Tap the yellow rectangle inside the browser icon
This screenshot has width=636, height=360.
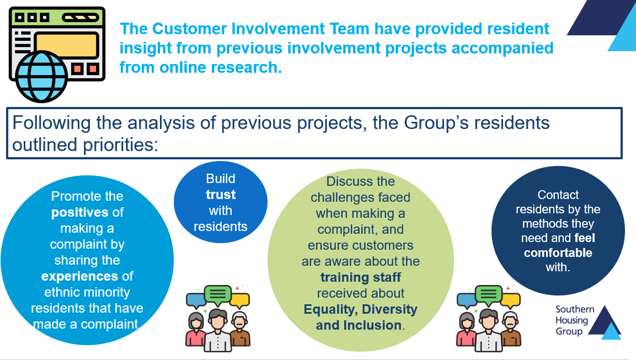coord(67,45)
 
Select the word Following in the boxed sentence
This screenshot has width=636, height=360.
coord(51,123)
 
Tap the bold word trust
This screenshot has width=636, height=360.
coord(221,195)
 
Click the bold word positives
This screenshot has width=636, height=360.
coord(80,212)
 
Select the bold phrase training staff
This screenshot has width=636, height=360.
coord(361,277)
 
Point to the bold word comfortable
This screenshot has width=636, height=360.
coord(558,252)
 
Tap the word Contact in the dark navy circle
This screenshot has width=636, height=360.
coord(558,195)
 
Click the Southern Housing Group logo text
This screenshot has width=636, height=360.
coord(575,320)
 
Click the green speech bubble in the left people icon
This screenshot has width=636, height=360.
coord(218,294)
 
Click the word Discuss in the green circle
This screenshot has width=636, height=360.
coord(343,181)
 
